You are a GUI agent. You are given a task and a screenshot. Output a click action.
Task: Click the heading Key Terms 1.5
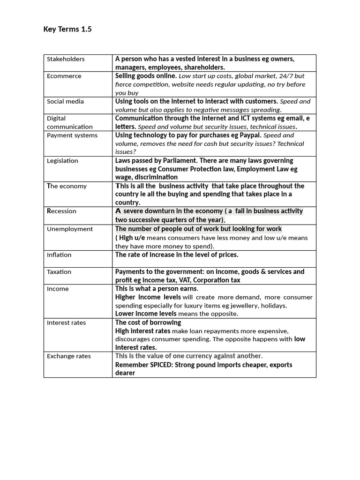click(x=67, y=30)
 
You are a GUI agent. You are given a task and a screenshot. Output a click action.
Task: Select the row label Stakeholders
click(x=66, y=59)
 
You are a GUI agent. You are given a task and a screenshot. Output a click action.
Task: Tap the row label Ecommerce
click(x=64, y=76)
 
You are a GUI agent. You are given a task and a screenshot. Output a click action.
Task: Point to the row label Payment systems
click(x=72, y=135)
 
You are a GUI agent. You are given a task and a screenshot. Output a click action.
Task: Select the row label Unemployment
click(x=70, y=229)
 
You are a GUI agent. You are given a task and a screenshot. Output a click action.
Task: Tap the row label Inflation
click(x=59, y=255)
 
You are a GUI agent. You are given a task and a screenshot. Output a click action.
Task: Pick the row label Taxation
click(x=59, y=272)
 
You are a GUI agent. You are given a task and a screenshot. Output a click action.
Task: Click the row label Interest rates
click(x=66, y=323)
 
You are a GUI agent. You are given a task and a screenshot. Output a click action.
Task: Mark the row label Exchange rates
click(x=69, y=356)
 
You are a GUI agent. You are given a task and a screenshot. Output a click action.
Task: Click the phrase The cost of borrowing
click(x=148, y=322)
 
